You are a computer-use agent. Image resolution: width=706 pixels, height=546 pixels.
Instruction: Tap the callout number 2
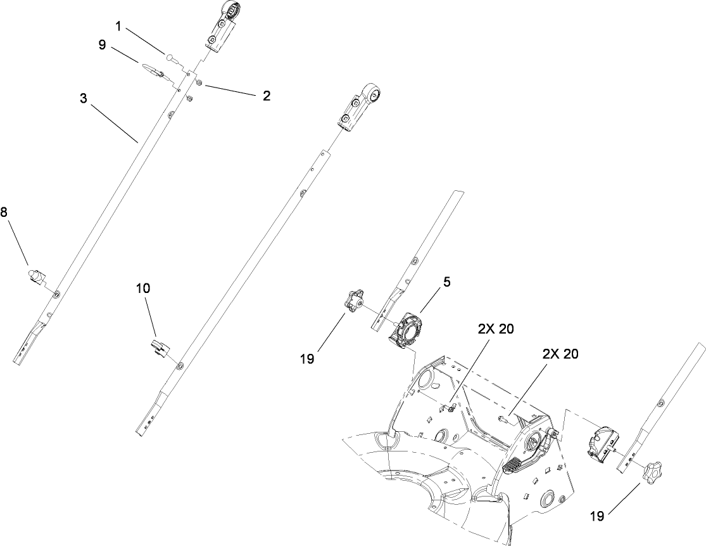coord(267,96)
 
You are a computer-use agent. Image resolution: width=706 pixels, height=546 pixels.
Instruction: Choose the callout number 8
coord(4,213)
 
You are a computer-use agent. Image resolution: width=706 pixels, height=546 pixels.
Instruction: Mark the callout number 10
coord(143,287)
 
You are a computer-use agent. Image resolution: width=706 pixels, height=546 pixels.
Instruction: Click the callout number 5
coord(446,282)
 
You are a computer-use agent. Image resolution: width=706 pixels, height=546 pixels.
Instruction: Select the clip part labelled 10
coord(159,348)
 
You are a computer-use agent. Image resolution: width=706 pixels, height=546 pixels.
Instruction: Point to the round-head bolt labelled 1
coord(170,57)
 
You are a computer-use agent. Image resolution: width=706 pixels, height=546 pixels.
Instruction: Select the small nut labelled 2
coord(198,82)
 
